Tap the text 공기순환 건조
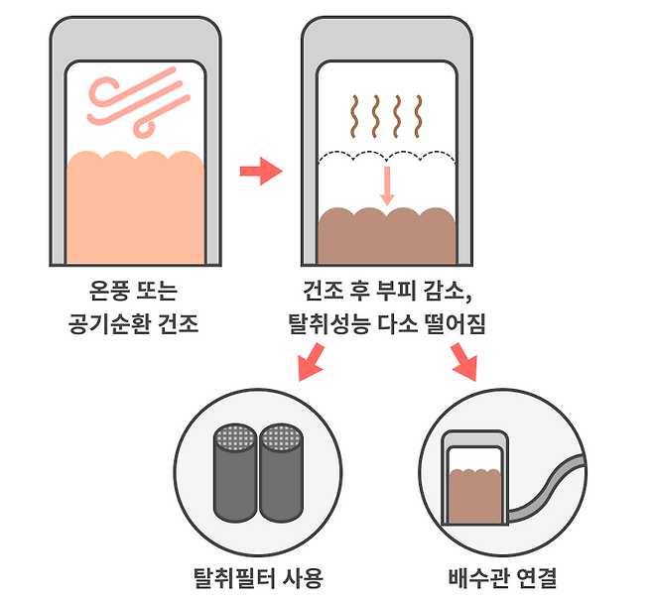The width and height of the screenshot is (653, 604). [x=135, y=324]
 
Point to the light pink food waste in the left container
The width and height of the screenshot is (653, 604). [x=135, y=208]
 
